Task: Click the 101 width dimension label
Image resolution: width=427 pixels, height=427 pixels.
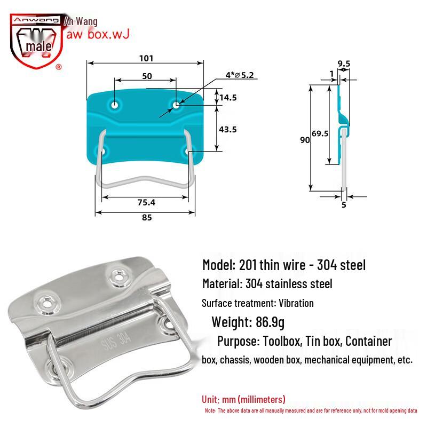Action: tap(146, 58)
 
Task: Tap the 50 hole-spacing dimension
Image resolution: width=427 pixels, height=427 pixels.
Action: tap(146, 76)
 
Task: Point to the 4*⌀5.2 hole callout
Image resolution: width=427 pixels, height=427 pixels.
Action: tap(239, 75)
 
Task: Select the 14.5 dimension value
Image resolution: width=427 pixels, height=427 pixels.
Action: tap(228, 97)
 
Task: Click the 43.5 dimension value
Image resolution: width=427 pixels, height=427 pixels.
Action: tap(228, 129)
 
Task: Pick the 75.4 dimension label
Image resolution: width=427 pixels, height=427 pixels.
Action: tap(146, 203)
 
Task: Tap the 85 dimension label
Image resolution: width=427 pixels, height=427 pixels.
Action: tap(146, 218)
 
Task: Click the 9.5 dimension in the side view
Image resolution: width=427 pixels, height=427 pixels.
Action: tap(344, 64)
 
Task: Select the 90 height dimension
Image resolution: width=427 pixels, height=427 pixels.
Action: tap(305, 140)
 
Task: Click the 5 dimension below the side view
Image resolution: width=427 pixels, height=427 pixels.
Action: tap(344, 204)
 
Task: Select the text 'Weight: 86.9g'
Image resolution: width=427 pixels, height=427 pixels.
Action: tap(249, 322)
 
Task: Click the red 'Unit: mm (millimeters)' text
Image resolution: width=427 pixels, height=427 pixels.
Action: tap(243, 399)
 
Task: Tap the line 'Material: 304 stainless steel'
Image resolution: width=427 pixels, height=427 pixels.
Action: tap(267, 284)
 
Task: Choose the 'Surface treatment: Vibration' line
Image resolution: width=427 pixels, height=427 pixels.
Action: tap(258, 303)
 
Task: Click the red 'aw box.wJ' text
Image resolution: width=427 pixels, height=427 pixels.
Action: tap(96, 34)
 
